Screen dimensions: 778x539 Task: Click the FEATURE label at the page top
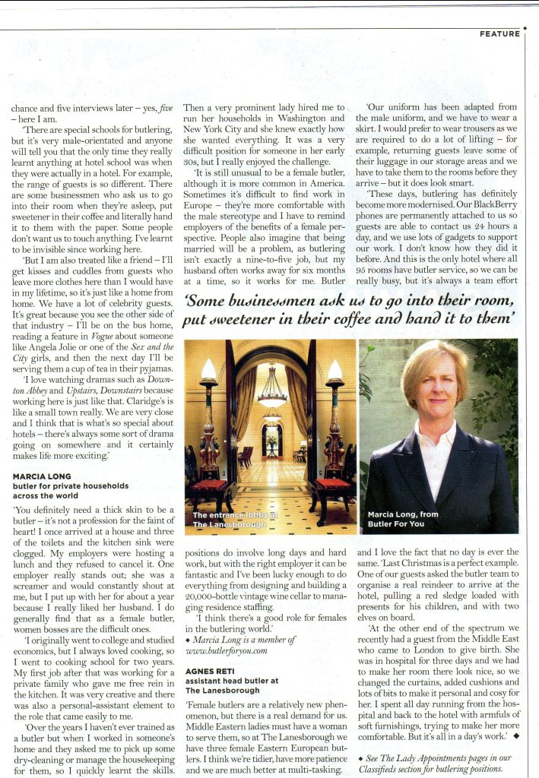(499, 33)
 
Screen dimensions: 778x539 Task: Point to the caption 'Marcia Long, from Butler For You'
(403, 519)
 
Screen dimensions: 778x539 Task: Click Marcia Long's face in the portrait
(437, 384)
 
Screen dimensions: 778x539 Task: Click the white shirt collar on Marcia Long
(436, 432)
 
